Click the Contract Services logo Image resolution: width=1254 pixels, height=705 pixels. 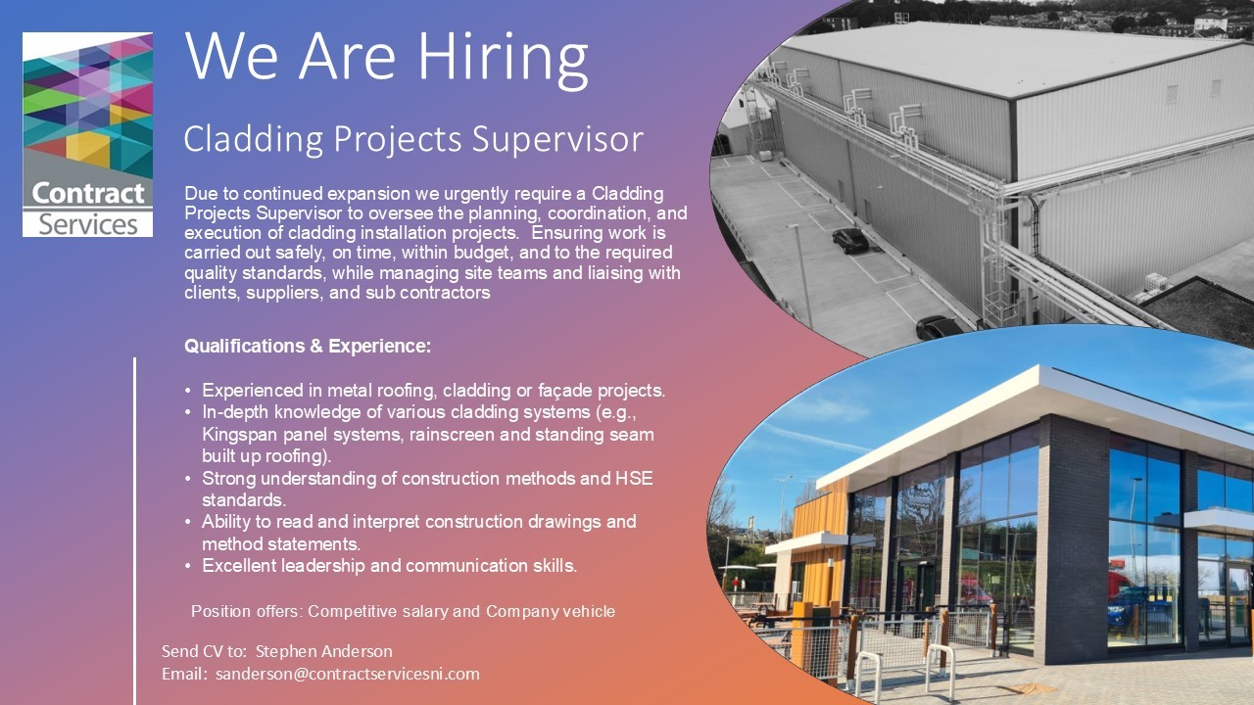(87, 134)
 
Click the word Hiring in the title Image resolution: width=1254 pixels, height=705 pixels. (503, 60)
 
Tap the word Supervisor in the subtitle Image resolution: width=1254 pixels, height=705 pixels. (557, 140)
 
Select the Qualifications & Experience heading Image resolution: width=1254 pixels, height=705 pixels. (308, 346)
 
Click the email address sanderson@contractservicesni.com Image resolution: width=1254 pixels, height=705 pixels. (348, 674)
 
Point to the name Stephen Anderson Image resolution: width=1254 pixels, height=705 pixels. (324, 651)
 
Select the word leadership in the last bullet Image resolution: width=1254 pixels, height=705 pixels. (323, 566)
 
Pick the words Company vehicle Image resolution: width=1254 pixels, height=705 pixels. (551, 612)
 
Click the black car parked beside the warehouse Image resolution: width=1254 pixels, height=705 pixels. (849, 241)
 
